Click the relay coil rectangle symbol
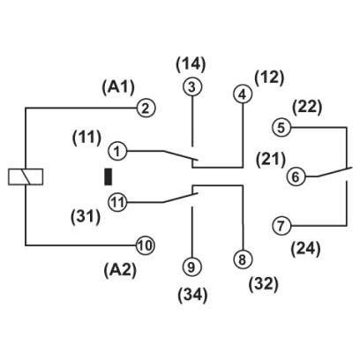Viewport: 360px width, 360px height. (x=26, y=176)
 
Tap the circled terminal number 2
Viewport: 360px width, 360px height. (x=146, y=109)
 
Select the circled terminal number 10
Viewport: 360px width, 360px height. (x=146, y=245)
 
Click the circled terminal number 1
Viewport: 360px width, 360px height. (x=117, y=152)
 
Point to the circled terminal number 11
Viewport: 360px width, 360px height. (x=117, y=202)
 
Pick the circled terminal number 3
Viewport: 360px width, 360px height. (x=192, y=87)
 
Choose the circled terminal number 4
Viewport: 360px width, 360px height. (x=243, y=94)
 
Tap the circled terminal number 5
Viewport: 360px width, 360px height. (x=281, y=128)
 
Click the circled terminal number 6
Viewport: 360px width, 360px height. (x=296, y=177)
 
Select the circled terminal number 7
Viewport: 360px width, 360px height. (x=281, y=226)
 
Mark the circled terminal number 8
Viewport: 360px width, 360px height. (x=243, y=259)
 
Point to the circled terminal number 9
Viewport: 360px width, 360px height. (x=191, y=267)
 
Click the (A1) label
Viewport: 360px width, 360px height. (x=118, y=87)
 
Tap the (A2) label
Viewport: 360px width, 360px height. (x=120, y=270)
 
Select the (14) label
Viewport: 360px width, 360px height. (x=191, y=64)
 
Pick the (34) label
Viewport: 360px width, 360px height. (x=193, y=296)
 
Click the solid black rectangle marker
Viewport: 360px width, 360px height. (x=109, y=176)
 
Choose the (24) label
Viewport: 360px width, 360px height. (x=305, y=249)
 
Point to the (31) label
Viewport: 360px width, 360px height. (x=86, y=217)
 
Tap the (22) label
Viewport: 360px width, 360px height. (x=307, y=108)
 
